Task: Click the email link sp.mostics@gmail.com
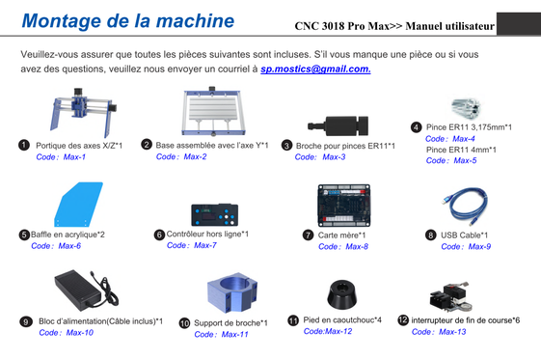(315, 69)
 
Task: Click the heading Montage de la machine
(128, 20)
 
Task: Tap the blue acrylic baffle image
(78, 205)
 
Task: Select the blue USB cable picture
(465, 207)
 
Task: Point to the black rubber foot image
(341, 294)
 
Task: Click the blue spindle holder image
(232, 292)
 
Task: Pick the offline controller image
(215, 214)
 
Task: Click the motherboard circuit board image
(343, 206)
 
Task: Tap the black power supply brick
(86, 290)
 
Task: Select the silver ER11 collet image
(466, 107)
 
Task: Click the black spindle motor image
(338, 125)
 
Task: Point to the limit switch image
(449, 296)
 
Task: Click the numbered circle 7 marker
(308, 235)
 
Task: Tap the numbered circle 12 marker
(403, 320)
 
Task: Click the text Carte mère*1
(341, 235)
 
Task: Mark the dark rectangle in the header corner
(519, 24)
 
